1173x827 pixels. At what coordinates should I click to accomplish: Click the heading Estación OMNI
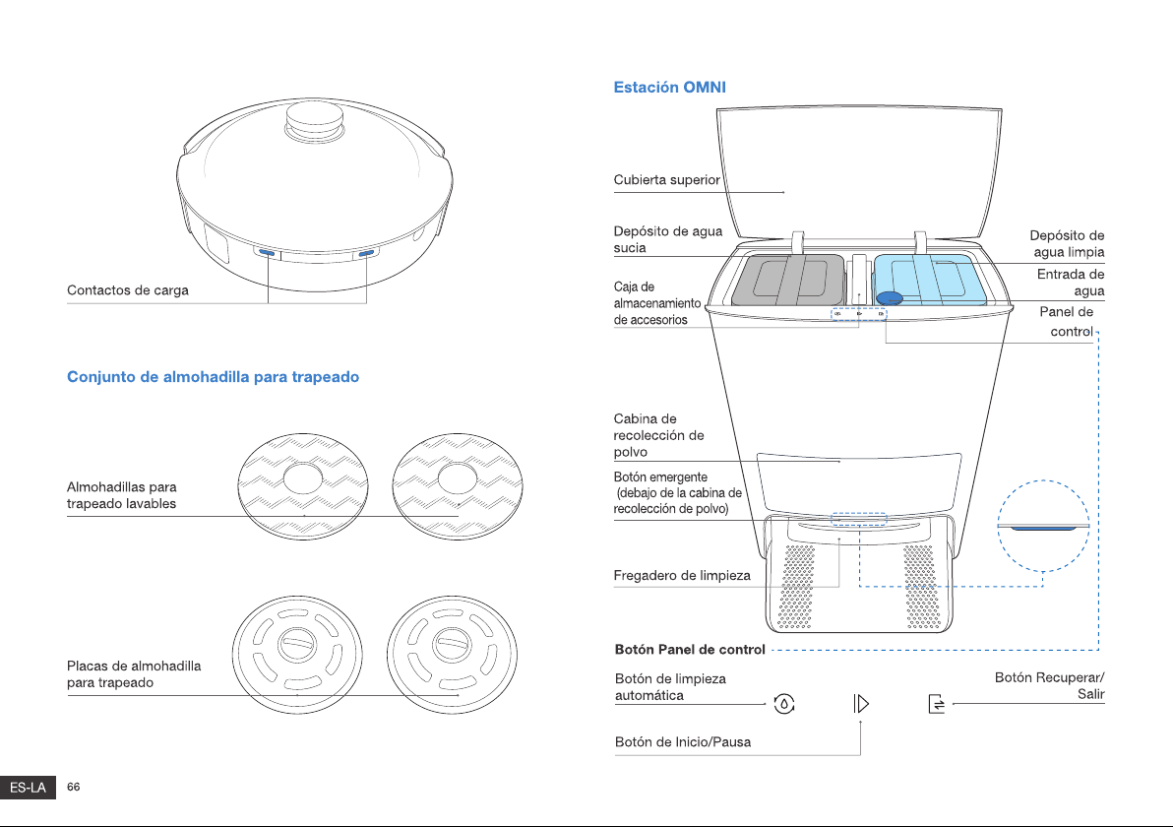(669, 87)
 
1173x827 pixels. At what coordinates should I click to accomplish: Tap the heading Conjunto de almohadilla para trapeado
(214, 376)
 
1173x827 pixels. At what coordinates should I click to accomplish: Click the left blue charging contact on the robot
(267, 253)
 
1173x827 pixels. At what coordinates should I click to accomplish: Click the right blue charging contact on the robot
(366, 254)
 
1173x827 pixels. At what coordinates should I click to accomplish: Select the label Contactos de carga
(128, 290)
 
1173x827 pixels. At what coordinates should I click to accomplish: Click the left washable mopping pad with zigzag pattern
(303, 486)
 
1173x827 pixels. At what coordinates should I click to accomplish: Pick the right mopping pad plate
(452, 654)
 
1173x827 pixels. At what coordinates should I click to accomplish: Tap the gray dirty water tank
(787, 280)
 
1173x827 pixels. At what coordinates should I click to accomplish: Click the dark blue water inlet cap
(890, 298)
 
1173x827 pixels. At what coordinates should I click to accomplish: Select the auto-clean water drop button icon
(784, 704)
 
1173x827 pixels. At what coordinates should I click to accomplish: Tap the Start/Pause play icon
(861, 704)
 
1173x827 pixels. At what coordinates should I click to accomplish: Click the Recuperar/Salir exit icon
(937, 704)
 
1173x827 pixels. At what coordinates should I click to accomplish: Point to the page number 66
(73, 787)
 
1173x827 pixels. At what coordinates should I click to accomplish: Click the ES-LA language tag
(28, 788)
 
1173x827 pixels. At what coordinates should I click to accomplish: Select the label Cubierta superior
(666, 179)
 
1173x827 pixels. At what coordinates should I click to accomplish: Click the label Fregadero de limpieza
(682, 576)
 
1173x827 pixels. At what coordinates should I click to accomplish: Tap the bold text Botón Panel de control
(690, 650)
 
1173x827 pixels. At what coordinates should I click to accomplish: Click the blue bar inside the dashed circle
(1043, 529)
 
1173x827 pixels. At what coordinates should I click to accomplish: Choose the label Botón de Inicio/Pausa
(683, 741)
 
